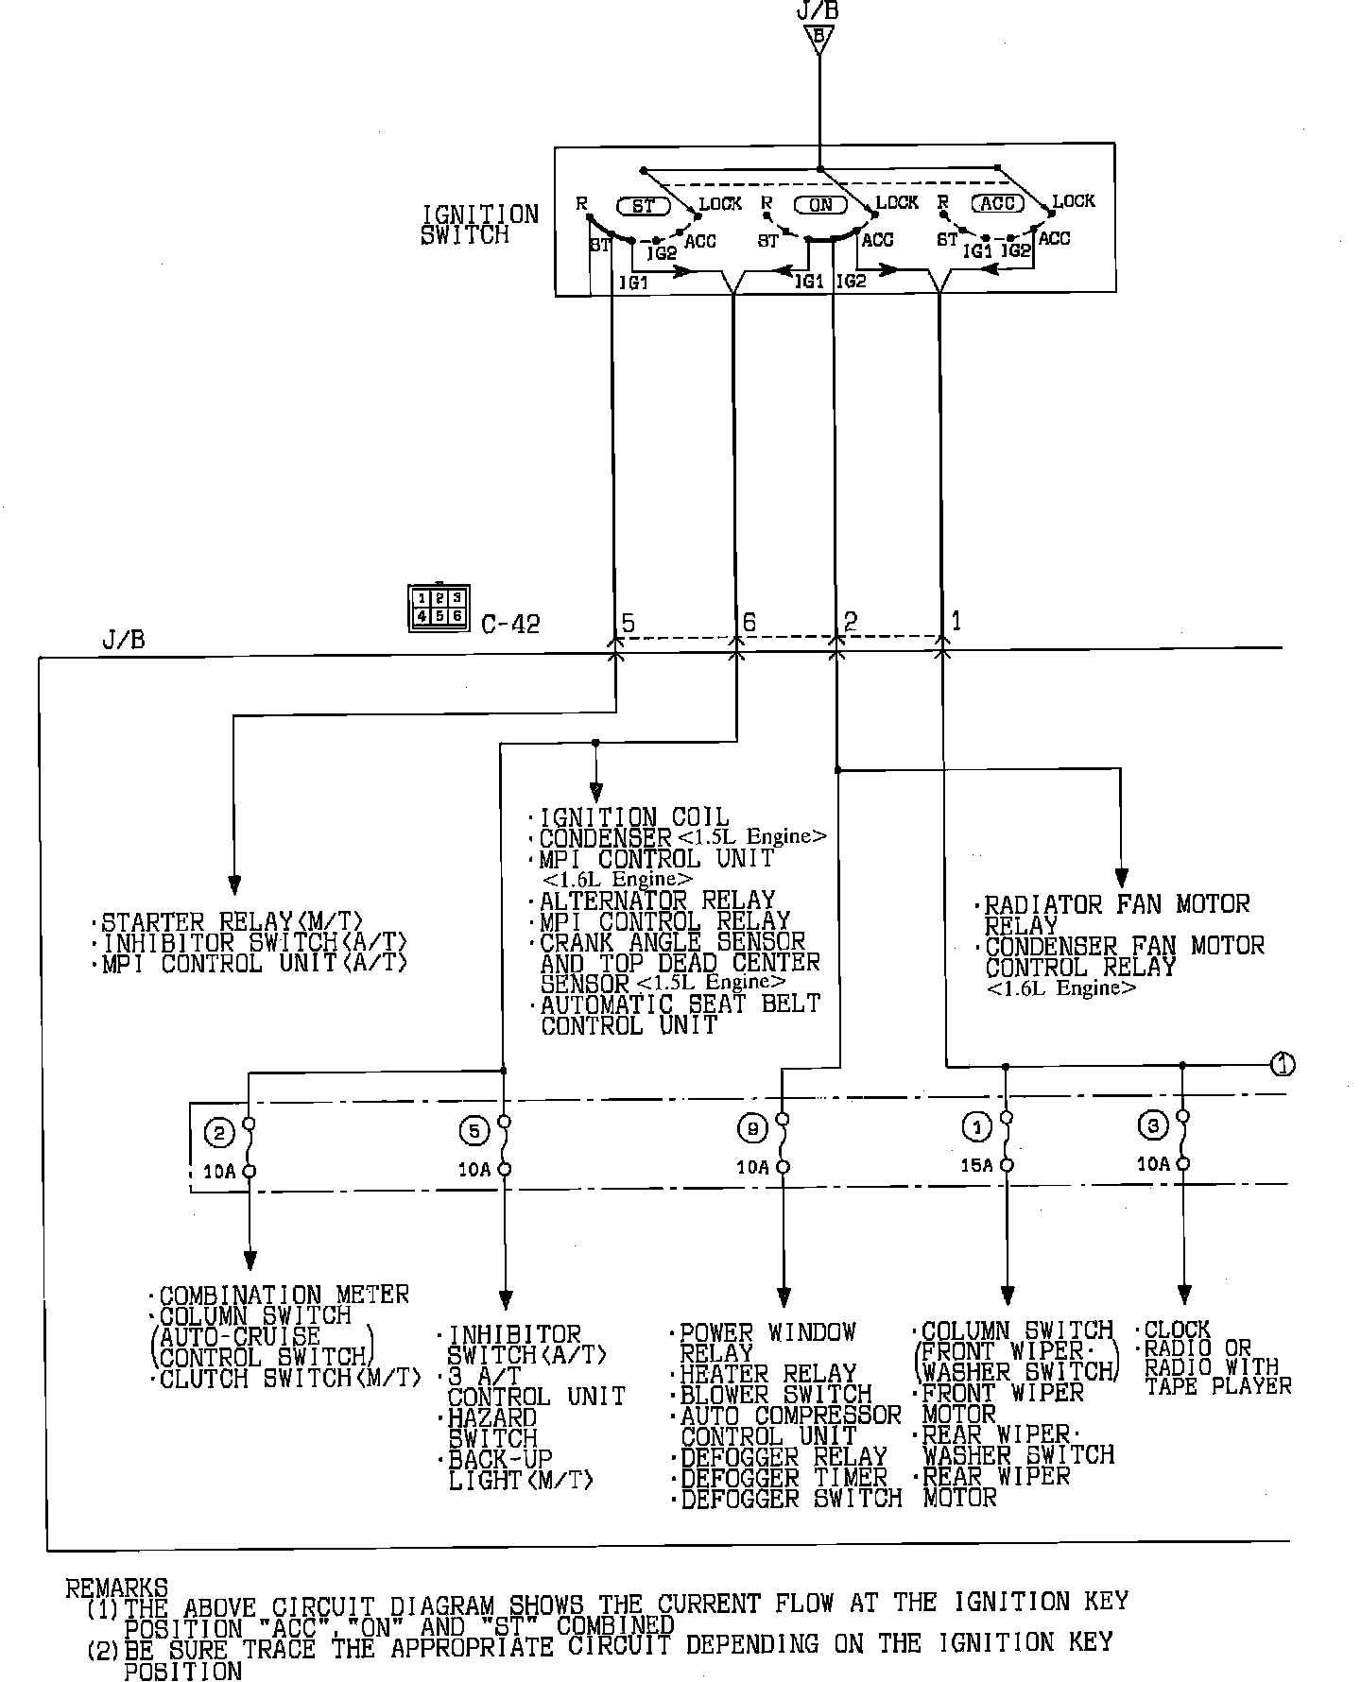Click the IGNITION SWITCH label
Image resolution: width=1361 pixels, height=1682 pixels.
pos(479,225)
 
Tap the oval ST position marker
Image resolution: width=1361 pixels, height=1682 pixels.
pos(643,205)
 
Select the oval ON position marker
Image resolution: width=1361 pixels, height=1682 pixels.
pos(820,204)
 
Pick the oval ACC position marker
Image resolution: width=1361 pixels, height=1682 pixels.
pos(998,203)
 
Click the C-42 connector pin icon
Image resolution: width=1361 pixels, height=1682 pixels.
pos(439,608)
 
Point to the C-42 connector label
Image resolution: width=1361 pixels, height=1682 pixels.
pos(510,624)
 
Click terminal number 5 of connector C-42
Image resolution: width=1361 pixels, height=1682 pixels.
pos(629,623)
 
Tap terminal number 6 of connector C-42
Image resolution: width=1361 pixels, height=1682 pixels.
pos(749,622)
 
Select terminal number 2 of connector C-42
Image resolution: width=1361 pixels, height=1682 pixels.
pos(850,621)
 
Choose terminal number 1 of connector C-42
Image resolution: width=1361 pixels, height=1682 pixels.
pos(956,620)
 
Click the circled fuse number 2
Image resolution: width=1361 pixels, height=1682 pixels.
pos(218,1133)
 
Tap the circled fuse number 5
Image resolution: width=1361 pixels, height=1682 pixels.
pos(474,1130)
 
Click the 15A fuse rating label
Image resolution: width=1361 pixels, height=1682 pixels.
pos(976,1165)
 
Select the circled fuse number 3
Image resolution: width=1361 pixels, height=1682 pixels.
pos(1153,1125)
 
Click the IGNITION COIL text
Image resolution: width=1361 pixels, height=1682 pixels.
pos(634,817)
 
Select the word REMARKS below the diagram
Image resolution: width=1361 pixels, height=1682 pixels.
pos(117,1588)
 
